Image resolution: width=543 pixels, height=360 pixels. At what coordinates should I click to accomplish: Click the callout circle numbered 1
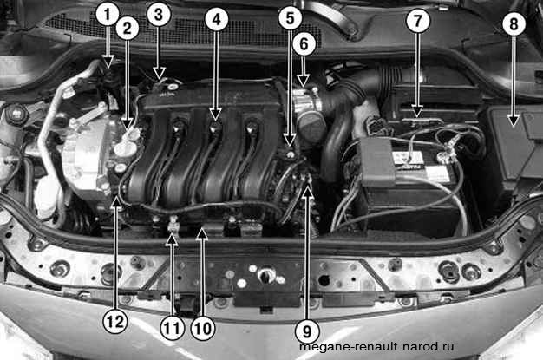(x=108, y=15)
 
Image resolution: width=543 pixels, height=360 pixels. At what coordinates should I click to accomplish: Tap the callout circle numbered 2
(x=128, y=29)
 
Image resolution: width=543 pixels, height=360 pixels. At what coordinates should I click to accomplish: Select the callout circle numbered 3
(x=159, y=15)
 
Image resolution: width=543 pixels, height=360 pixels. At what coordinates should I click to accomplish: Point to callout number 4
(x=217, y=19)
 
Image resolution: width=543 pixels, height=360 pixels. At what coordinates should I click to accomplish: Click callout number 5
(x=291, y=18)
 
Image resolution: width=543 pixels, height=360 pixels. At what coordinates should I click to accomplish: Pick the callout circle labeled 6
(x=304, y=44)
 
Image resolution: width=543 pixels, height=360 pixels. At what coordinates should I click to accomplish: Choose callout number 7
(x=418, y=21)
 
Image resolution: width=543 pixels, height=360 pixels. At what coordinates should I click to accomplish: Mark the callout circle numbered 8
(x=514, y=24)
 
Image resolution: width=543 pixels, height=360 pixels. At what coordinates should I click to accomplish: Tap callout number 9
(x=307, y=331)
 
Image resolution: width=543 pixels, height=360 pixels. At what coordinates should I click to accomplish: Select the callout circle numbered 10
(x=203, y=328)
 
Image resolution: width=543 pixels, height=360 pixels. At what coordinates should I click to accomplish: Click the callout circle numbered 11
(x=172, y=328)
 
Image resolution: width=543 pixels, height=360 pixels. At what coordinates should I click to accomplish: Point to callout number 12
(x=115, y=322)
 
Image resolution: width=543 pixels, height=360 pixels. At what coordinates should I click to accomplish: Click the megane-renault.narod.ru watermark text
(x=376, y=346)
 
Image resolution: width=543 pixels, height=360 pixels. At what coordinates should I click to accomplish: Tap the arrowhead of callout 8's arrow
(x=514, y=121)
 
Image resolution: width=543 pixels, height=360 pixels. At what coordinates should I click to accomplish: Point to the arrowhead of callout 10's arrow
(x=203, y=234)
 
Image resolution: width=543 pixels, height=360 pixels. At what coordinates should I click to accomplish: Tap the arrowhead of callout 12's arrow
(x=116, y=205)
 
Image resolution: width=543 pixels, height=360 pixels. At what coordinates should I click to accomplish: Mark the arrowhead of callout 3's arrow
(x=159, y=74)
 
